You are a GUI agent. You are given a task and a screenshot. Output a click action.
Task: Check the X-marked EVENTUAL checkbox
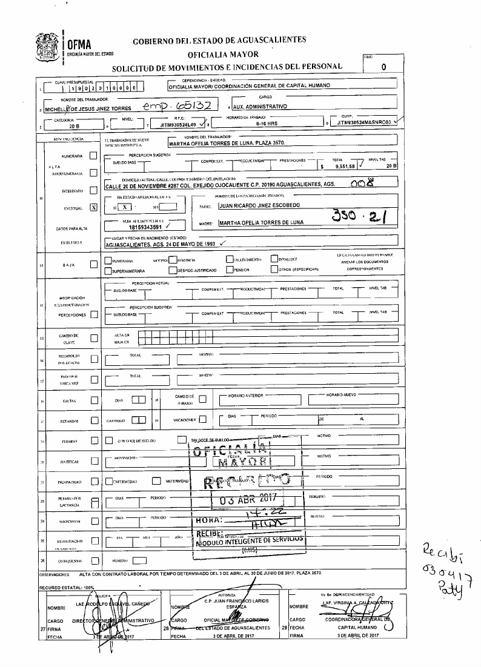pyautogui.click(x=93, y=207)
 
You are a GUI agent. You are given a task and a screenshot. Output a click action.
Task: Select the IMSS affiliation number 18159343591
pyautogui.click(x=130, y=228)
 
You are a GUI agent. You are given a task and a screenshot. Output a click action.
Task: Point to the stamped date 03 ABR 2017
pyautogui.click(x=247, y=500)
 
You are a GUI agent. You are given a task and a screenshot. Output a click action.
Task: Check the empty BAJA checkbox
pyautogui.click(x=93, y=264)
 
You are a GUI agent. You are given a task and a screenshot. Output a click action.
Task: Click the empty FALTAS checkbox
pyautogui.click(x=94, y=399)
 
